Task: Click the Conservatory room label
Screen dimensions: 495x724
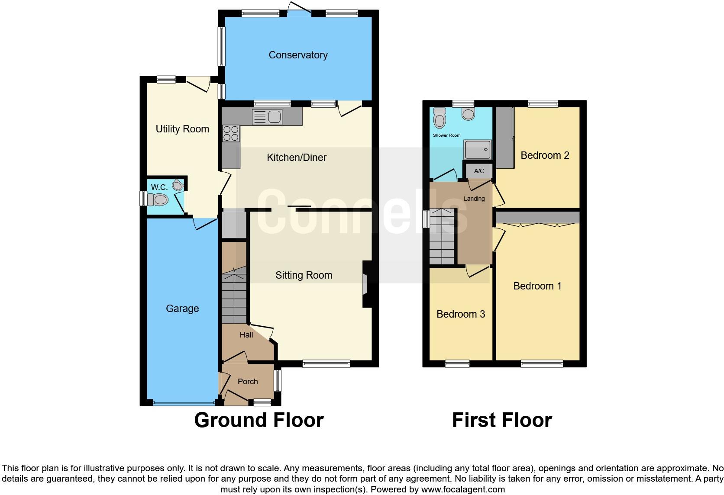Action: (x=298, y=55)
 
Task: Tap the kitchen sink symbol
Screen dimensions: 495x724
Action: (x=267, y=117)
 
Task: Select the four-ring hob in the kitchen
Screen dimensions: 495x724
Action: (x=230, y=133)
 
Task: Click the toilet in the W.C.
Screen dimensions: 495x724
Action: (x=158, y=200)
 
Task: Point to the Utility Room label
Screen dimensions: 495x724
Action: (x=182, y=129)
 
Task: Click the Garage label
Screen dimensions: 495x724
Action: (x=182, y=309)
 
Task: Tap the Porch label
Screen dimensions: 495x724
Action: (x=248, y=382)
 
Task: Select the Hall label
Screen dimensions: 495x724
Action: (x=246, y=335)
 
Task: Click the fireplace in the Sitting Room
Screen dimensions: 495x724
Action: (x=365, y=284)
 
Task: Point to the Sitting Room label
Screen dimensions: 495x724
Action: (x=304, y=275)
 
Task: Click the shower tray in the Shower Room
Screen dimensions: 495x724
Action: (x=478, y=150)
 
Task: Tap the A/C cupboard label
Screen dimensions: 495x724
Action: (x=479, y=171)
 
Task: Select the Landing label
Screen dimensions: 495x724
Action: (x=474, y=199)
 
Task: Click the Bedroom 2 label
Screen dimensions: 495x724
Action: (x=545, y=155)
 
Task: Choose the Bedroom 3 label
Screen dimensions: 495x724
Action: (x=461, y=314)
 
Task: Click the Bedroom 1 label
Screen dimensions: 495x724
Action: (x=537, y=286)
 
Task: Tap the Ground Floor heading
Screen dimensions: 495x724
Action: (x=259, y=420)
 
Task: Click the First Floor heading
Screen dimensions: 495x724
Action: (x=502, y=420)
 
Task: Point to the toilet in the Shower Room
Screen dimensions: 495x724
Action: (x=440, y=119)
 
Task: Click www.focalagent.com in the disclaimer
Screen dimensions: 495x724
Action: (x=462, y=490)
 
